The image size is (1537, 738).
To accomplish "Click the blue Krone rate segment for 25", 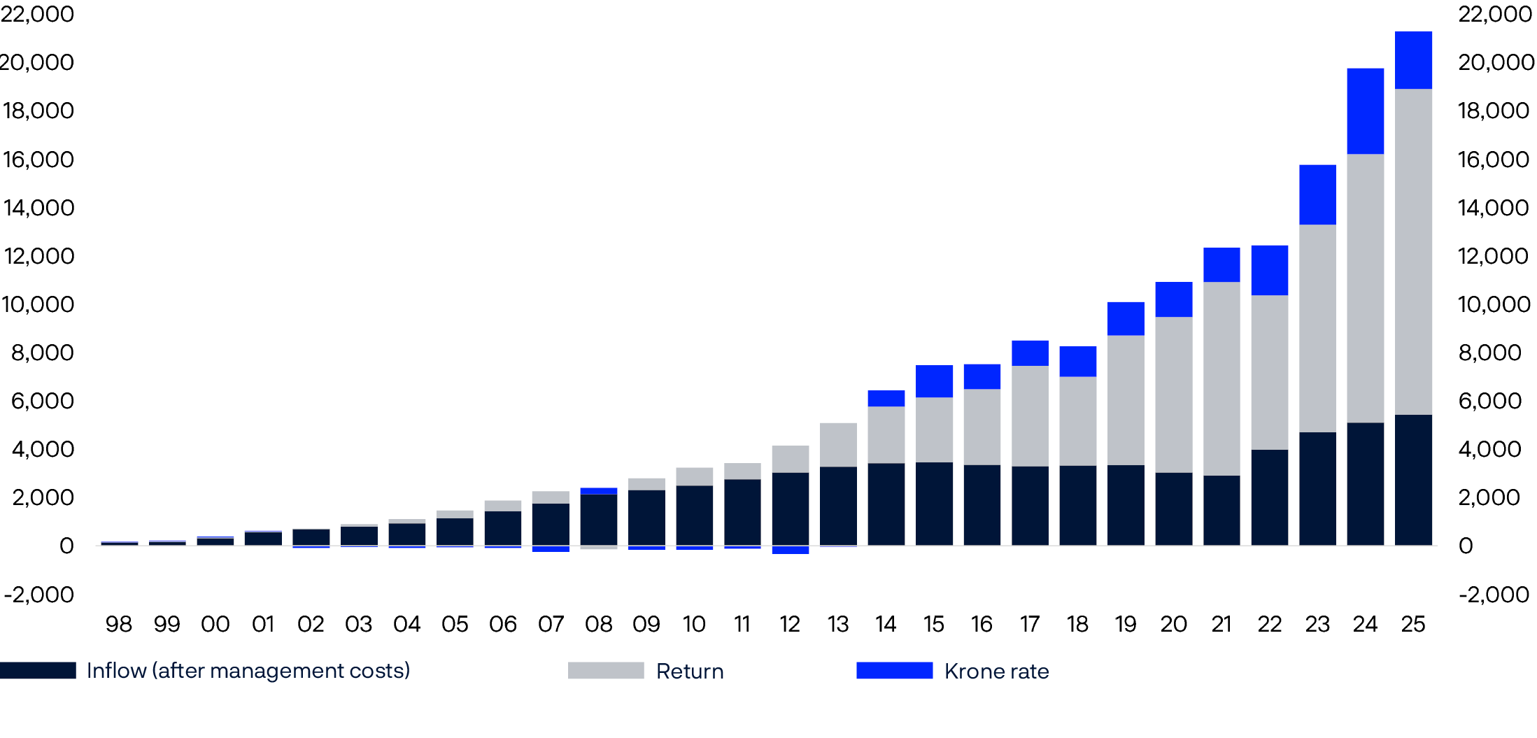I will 1413,60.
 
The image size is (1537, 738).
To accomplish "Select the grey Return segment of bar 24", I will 1365,288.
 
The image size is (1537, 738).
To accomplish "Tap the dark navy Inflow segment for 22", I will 1269,497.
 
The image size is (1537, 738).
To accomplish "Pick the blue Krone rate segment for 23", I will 1317,194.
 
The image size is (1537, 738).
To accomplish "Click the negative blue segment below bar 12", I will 790,550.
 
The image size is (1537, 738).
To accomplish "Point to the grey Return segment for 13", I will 838,445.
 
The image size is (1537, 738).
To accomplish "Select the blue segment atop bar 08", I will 599,491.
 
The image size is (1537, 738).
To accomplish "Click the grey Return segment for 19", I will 1126,400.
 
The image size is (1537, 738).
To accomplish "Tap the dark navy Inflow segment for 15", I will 934,504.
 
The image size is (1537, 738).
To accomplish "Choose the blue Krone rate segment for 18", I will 1077,361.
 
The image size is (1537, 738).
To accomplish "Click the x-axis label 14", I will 886,624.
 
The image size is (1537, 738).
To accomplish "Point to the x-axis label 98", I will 118,624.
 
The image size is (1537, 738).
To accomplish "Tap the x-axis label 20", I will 1173,624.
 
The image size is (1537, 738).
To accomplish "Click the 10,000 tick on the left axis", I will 38,304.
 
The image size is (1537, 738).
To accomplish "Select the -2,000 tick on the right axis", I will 1494,595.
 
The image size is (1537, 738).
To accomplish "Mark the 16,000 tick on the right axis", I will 1494,159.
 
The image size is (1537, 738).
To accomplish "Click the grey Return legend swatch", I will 606,671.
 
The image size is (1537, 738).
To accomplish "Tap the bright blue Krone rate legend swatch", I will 894,671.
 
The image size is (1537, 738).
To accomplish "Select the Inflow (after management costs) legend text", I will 248,671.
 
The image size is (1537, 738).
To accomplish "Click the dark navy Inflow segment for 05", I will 455,532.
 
